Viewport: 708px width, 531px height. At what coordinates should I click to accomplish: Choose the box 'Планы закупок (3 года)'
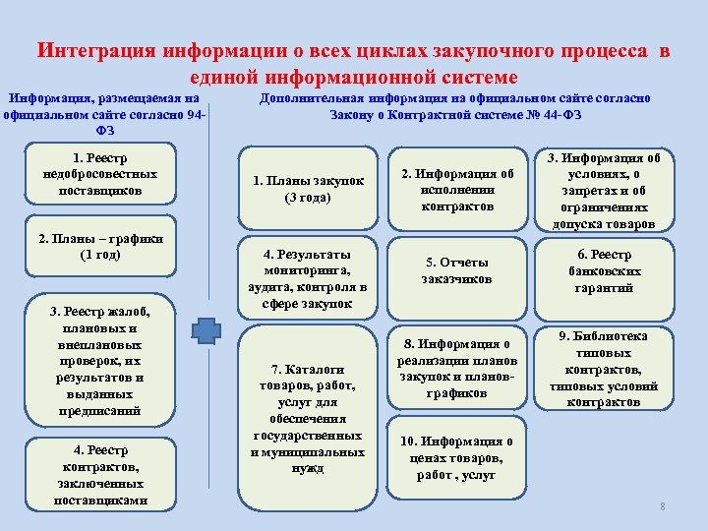click(308, 189)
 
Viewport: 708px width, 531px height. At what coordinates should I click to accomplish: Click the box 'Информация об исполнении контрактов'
click(457, 190)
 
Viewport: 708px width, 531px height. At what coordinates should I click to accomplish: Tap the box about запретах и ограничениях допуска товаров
click(602, 190)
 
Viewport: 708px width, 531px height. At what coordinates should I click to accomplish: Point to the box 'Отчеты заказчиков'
click(457, 270)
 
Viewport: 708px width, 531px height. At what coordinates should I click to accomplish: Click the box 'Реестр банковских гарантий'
click(602, 270)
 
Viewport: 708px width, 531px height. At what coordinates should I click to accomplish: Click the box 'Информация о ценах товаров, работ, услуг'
click(457, 458)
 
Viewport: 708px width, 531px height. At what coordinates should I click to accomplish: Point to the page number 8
click(663, 506)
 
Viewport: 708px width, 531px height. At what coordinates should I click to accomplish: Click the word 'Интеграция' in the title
click(95, 51)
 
